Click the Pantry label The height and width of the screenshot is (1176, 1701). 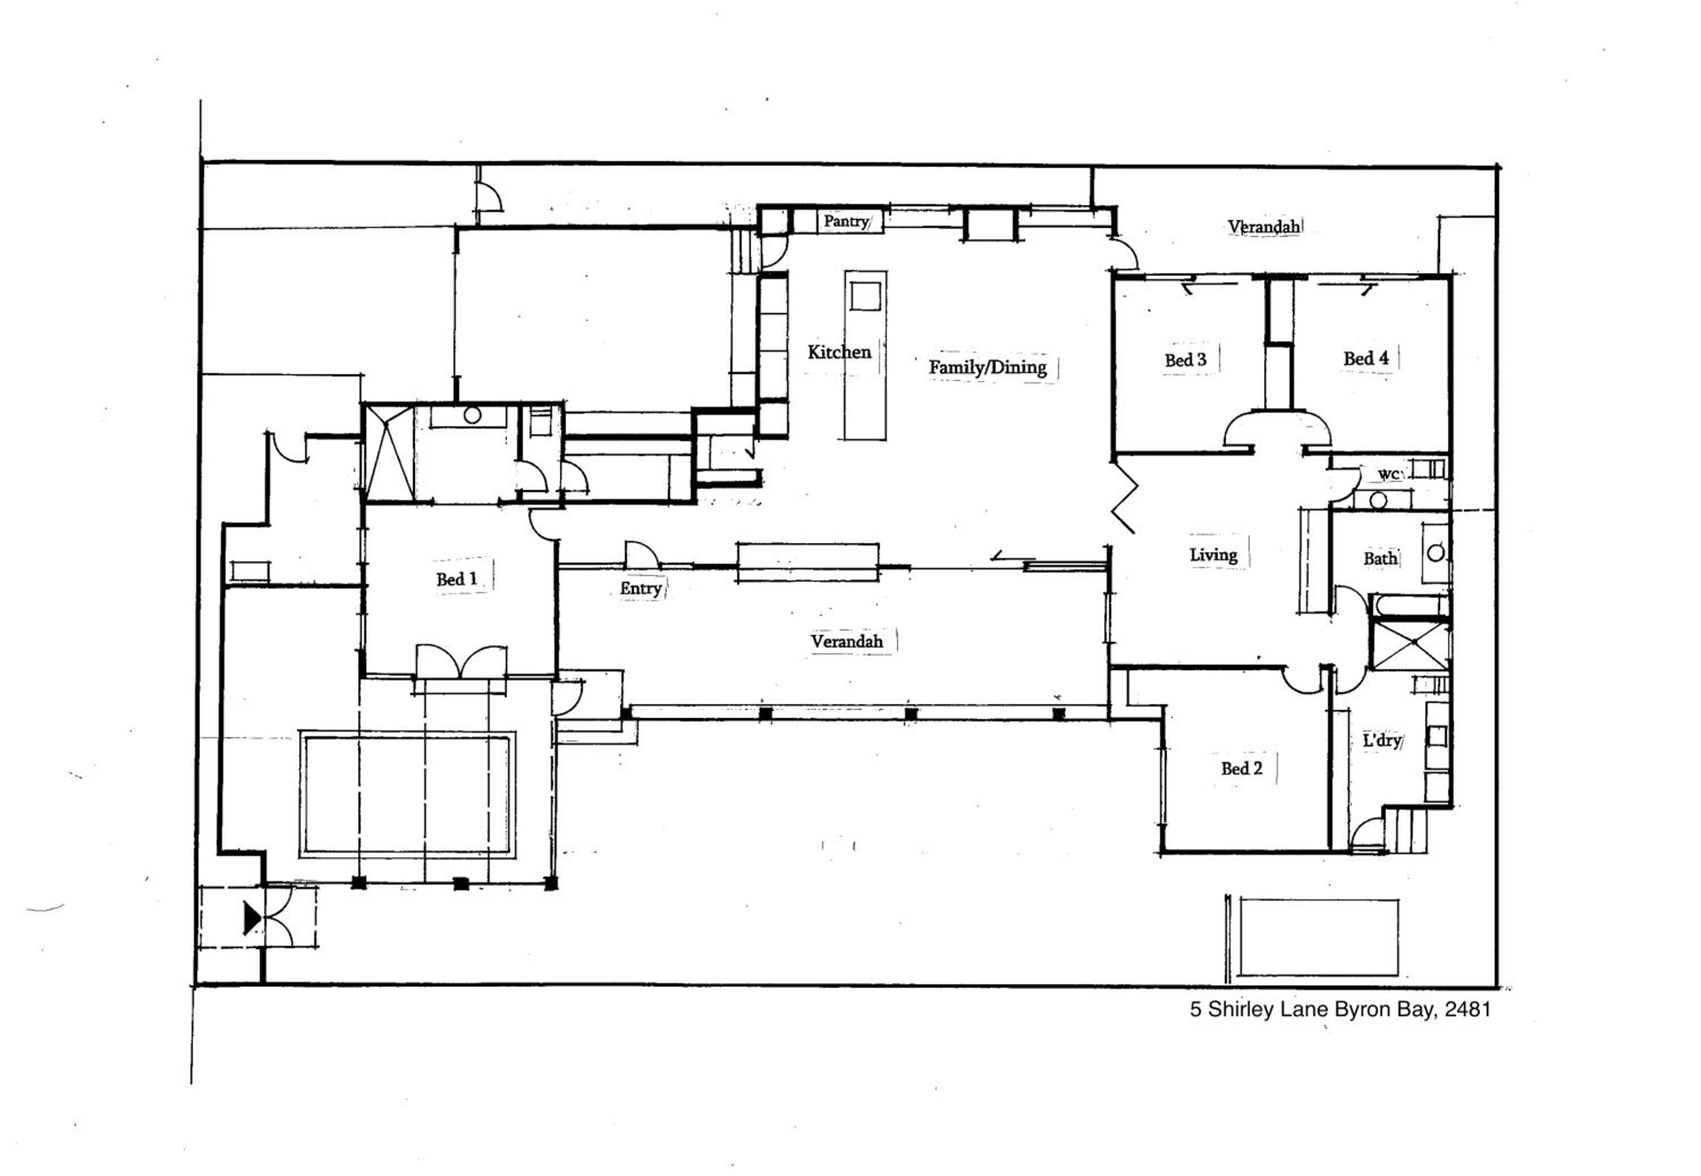[846, 221]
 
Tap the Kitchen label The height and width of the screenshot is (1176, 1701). [839, 352]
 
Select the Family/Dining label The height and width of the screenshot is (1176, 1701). [987, 367]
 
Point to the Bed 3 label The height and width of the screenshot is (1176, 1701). [1186, 359]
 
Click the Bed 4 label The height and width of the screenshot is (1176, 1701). [1366, 358]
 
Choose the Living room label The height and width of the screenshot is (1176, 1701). [1213, 555]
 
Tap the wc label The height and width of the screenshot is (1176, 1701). [1389, 475]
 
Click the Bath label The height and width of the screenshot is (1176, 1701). [1380, 559]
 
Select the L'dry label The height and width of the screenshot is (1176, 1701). [1381, 741]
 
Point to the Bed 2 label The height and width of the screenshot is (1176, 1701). [1241, 768]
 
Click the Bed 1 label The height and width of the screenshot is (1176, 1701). [456, 579]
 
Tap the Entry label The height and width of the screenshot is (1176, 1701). [640, 588]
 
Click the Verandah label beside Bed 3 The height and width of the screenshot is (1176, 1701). [1263, 226]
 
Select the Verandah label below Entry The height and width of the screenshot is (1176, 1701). [847, 641]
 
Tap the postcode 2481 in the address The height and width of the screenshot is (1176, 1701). [1467, 1009]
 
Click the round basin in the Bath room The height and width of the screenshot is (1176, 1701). [1436, 553]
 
